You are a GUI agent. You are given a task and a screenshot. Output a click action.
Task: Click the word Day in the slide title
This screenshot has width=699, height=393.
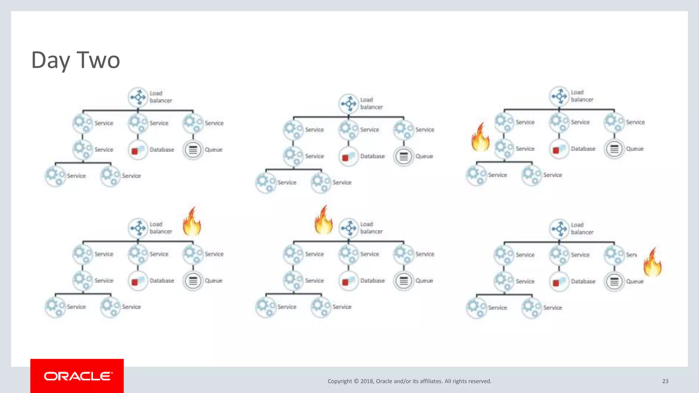pyautogui.click(x=51, y=60)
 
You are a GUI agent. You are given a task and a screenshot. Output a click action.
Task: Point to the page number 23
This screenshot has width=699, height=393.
pyautogui.click(x=665, y=381)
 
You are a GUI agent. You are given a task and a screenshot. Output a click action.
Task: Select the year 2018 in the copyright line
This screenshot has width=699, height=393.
pyautogui.click(x=367, y=381)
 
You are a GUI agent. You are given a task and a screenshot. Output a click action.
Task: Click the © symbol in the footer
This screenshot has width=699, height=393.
pyautogui.click(x=356, y=381)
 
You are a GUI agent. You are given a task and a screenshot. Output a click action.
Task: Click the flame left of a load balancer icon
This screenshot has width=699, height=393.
pyautogui.click(x=323, y=220)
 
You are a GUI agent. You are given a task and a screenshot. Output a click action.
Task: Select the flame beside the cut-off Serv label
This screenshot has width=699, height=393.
pyautogui.click(x=652, y=262)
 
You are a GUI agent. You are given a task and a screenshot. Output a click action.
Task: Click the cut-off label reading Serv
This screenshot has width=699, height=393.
pyautogui.click(x=631, y=255)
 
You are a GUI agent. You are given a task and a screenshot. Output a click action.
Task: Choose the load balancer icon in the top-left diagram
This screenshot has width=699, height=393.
pyautogui.click(x=138, y=97)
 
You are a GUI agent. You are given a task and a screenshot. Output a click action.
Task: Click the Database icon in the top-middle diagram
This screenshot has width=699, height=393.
pyautogui.click(x=348, y=156)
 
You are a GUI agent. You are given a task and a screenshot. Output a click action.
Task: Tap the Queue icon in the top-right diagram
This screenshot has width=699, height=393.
pyautogui.click(x=614, y=149)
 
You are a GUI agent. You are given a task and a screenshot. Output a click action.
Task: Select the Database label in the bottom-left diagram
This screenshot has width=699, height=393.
pyautogui.click(x=162, y=280)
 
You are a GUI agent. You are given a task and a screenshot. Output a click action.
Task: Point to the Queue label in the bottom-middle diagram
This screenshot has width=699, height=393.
pyautogui.click(x=424, y=280)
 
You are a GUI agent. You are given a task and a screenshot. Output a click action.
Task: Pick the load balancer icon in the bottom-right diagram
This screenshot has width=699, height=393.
pyautogui.click(x=559, y=229)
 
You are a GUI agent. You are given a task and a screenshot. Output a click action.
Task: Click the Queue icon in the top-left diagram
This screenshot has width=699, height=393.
pyautogui.click(x=193, y=150)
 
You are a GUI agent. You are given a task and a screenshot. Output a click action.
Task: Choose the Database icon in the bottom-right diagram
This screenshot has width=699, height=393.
pyautogui.click(x=559, y=282)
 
